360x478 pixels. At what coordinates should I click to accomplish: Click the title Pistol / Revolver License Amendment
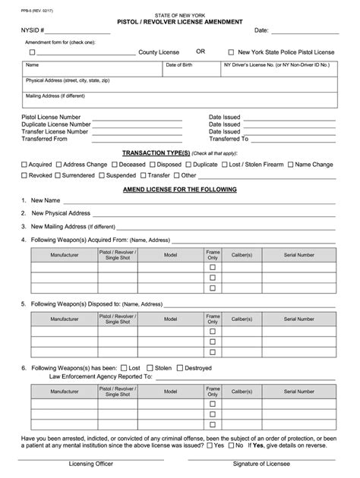tap(179, 22)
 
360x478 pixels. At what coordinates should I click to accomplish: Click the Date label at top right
tap(261, 30)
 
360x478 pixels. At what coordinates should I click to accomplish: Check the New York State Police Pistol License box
tap(231, 52)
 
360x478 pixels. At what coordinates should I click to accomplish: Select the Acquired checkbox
tap(24, 164)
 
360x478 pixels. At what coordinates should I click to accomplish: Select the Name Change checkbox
tap(289, 164)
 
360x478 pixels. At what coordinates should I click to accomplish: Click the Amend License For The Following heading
tap(180, 189)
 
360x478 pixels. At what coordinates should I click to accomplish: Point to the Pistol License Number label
tap(51, 118)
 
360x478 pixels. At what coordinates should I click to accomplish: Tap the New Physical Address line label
tap(61, 213)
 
